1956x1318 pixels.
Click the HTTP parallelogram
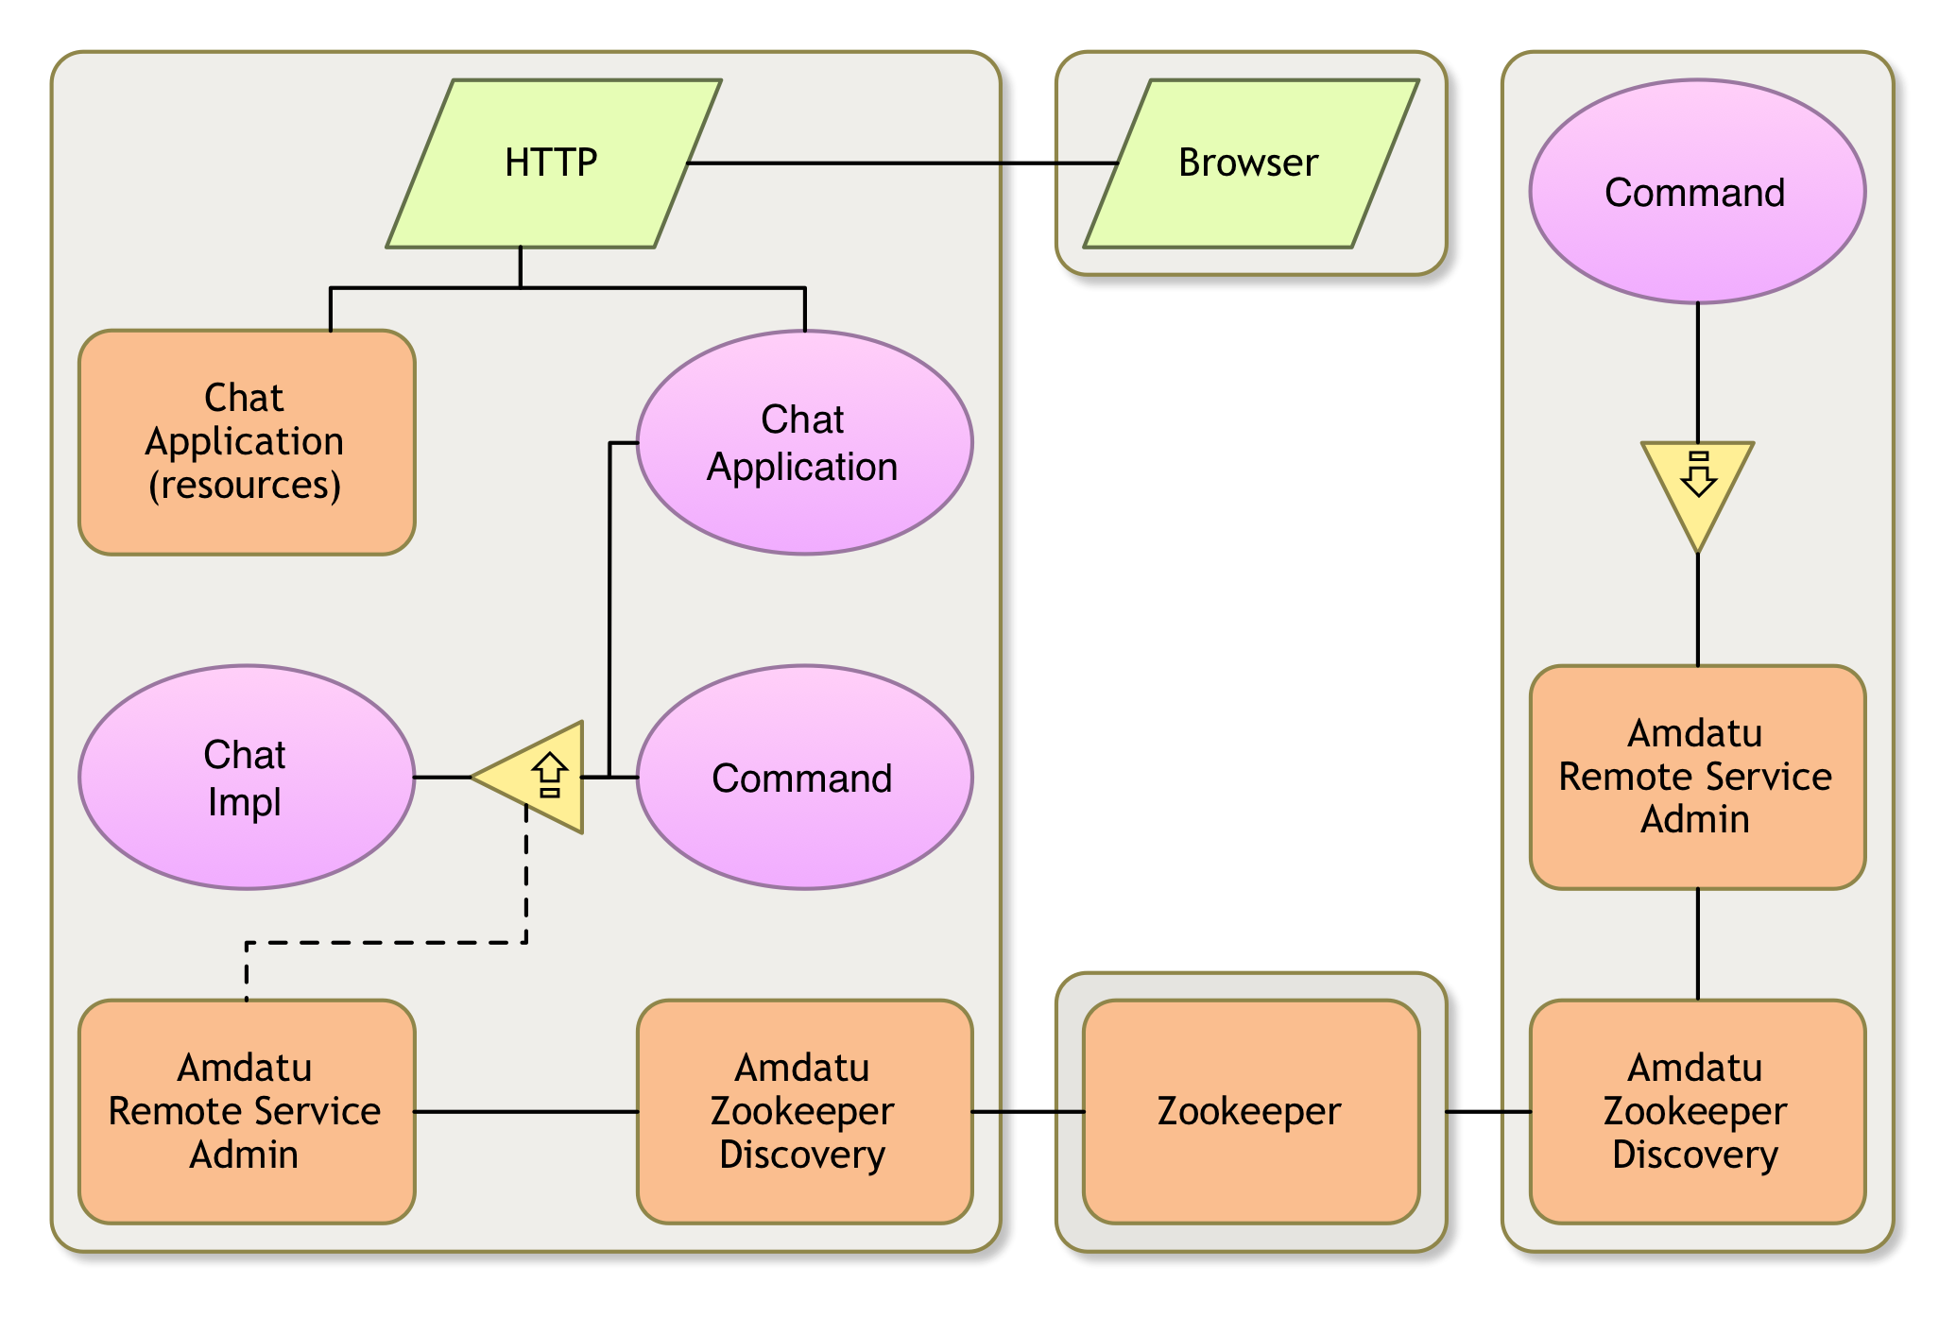click(553, 163)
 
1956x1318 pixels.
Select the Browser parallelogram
click(1249, 163)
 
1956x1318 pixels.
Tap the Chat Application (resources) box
click(246, 441)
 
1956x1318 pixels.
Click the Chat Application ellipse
click(803, 442)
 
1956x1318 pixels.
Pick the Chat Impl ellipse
click(246, 777)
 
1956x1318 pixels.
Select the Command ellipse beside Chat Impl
click(803, 777)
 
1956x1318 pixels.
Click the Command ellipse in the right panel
click(1696, 192)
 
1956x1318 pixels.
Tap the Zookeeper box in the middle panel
click(1249, 1111)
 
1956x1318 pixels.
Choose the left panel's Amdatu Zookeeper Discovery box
click(803, 1111)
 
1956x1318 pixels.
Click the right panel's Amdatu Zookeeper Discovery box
click(1696, 1111)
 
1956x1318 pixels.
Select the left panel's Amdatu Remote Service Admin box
click(246, 1111)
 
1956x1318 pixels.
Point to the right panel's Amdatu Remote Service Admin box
click(1696, 777)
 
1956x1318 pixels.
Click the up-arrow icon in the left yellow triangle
click(550, 776)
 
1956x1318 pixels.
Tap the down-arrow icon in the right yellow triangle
click(1698, 474)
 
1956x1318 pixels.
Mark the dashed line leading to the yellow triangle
click(378, 942)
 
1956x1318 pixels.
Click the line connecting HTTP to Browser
click(850, 163)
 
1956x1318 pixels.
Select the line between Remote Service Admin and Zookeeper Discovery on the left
click(524, 1111)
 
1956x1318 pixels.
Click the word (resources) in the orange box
click(245, 486)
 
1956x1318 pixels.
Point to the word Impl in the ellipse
click(245, 802)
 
